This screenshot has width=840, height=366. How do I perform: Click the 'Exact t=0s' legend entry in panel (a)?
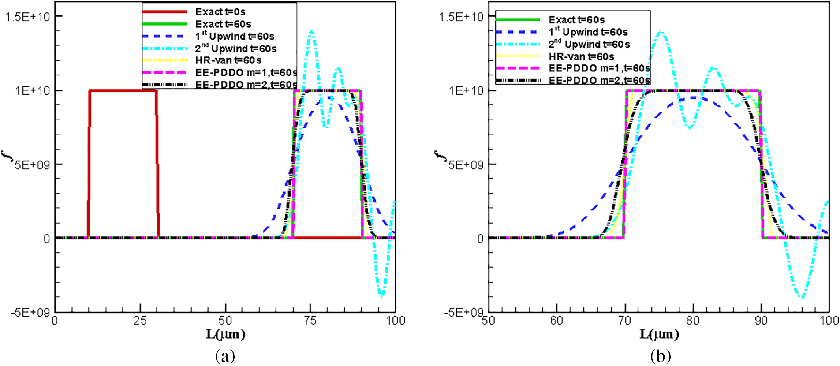220,12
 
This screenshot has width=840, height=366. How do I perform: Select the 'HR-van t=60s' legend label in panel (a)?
228,60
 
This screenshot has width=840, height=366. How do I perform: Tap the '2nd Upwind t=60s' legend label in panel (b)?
589,44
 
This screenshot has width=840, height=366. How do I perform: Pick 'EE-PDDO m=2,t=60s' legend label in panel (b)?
599,80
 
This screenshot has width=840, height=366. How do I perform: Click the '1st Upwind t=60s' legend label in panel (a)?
235,36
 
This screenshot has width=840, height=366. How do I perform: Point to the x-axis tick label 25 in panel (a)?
140,321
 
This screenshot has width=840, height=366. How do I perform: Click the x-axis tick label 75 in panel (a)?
310,321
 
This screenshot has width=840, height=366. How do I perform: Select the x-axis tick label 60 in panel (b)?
556,321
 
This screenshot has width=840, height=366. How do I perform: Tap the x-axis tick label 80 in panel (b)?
693,321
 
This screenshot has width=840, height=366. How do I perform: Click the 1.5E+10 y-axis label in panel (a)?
27,17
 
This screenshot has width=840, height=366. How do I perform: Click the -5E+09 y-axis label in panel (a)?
30,313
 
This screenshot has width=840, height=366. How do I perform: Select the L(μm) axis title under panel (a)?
225,334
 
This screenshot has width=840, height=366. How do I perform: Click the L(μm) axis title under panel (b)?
659,334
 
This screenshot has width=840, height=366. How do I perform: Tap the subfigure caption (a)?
225,356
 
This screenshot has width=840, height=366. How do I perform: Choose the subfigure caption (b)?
660,356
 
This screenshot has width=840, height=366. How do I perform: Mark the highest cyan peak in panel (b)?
660,32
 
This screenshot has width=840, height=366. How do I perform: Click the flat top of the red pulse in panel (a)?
123,90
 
